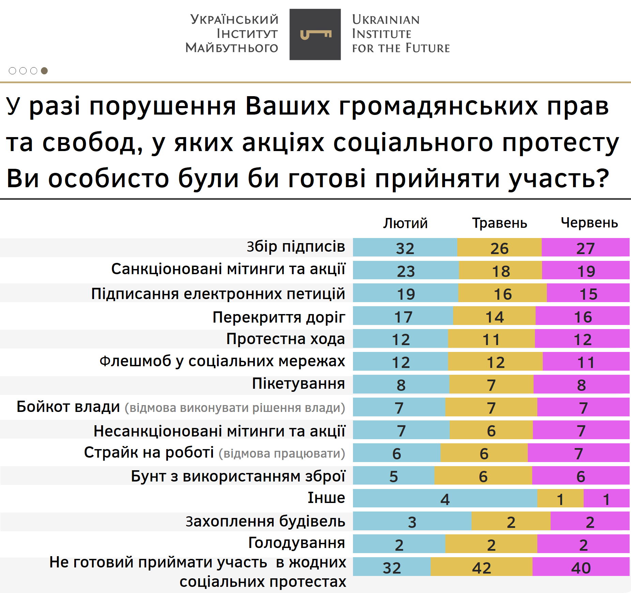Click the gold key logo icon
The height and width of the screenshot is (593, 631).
pyautogui.click(x=315, y=34)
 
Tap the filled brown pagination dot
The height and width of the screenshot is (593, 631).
pyautogui.click(x=44, y=71)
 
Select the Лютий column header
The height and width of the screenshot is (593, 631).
pyautogui.click(x=405, y=223)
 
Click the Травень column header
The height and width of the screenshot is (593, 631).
pyautogui.click(x=499, y=223)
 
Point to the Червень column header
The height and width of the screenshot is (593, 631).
pyautogui.click(x=589, y=223)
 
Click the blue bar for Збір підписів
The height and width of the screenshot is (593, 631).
pyautogui.click(x=405, y=248)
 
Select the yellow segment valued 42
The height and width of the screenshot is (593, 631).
pyautogui.click(x=481, y=567)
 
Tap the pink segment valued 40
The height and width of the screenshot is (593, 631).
pyautogui.click(x=581, y=567)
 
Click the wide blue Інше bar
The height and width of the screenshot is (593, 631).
pyautogui.click(x=445, y=499)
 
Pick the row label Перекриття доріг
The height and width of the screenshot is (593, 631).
pyautogui.click(x=279, y=317)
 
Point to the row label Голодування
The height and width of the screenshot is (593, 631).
pyautogui.click(x=296, y=543)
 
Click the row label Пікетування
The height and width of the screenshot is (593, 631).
pyautogui.click(x=298, y=384)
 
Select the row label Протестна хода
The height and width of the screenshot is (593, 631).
pyautogui.click(x=286, y=339)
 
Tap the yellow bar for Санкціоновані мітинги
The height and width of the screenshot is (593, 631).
pyautogui.click(x=500, y=271)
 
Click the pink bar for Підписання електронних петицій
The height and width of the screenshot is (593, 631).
pyautogui.click(x=588, y=293)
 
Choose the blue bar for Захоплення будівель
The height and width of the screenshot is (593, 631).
pyautogui.click(x=412, y=521)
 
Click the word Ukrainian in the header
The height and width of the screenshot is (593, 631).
pyautogui.click(x=385, y=20)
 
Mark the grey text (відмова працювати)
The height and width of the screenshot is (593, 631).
pyautogui.click(x=282, y=454)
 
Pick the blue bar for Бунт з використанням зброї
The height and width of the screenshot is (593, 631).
pyautogui.click(x=394, y=476)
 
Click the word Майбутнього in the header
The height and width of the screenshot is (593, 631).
pyautogui.click(x=232, y=48)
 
